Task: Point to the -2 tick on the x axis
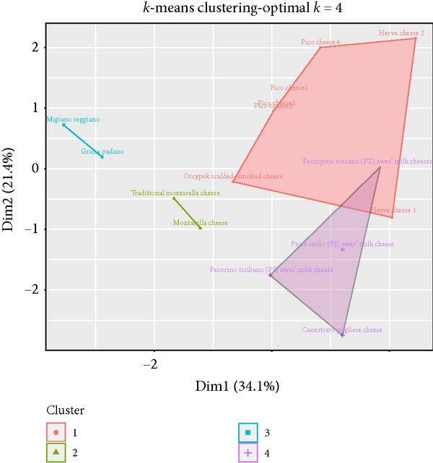[x=150, y=363]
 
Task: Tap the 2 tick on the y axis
[x=35, y=48]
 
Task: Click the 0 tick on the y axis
[x=35, y=169]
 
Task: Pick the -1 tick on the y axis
[x=33, y=229]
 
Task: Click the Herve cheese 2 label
[x=401, y=33]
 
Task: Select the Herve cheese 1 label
[x=393, y=210]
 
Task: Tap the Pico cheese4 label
[x=320, y=43]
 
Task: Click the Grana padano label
[x=102, y=151]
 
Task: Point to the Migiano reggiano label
[x=73, y=119]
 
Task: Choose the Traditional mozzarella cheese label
[x=175, y=193]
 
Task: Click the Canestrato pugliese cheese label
[x=342, y=330]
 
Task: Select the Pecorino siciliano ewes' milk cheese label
[x=271, y=270]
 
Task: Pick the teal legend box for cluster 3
[x=248, y=433]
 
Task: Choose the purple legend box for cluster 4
[x=248, y=453]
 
